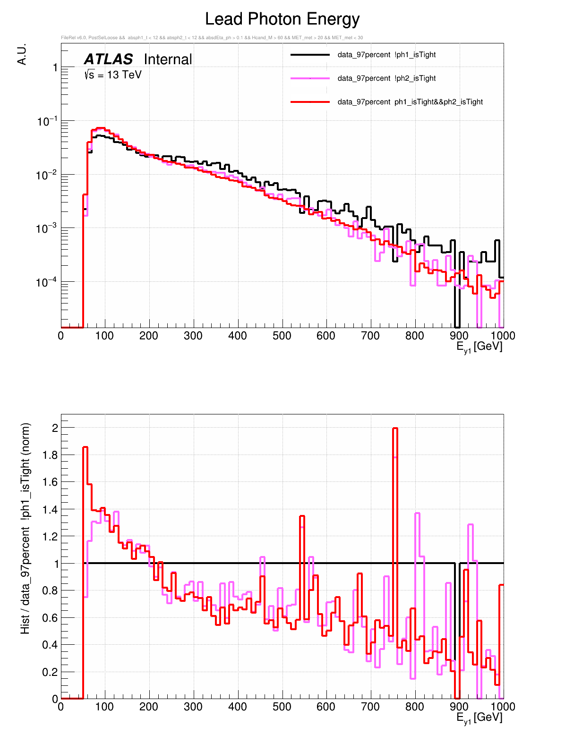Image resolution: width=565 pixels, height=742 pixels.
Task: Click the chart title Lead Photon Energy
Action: [282, 19]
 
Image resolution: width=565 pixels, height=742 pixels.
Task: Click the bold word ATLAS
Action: [108, 59]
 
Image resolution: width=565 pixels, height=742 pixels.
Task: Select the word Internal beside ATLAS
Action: [168, 59]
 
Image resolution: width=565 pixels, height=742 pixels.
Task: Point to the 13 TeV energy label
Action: [113, 75]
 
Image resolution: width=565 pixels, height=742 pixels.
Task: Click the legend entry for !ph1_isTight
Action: [386, 55]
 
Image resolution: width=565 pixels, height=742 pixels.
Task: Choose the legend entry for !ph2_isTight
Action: [386, 78]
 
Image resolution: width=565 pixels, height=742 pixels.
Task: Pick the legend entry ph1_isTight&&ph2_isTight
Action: [410, 102]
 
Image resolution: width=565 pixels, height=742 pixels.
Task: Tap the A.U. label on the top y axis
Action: [22, 55]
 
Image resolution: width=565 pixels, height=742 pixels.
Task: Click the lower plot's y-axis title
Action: [26, 528]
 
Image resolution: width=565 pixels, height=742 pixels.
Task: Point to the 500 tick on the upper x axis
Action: [282, 336]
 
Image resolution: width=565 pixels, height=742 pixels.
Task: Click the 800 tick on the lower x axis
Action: [415, 707]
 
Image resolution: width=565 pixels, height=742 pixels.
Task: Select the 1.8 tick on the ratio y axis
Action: [51, 455]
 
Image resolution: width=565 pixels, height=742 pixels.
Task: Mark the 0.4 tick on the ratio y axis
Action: [51, 645]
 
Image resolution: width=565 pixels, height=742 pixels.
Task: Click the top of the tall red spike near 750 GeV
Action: [395, 429]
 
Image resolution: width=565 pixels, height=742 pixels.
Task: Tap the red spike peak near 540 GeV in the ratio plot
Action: [302, 516]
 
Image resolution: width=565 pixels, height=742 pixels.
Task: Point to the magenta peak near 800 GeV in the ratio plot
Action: [417, 514]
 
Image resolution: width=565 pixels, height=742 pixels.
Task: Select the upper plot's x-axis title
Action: [479, 347]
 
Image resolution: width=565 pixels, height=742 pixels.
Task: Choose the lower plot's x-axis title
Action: [479, 718]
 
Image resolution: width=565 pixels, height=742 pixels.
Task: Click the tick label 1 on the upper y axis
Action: [55, 68]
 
